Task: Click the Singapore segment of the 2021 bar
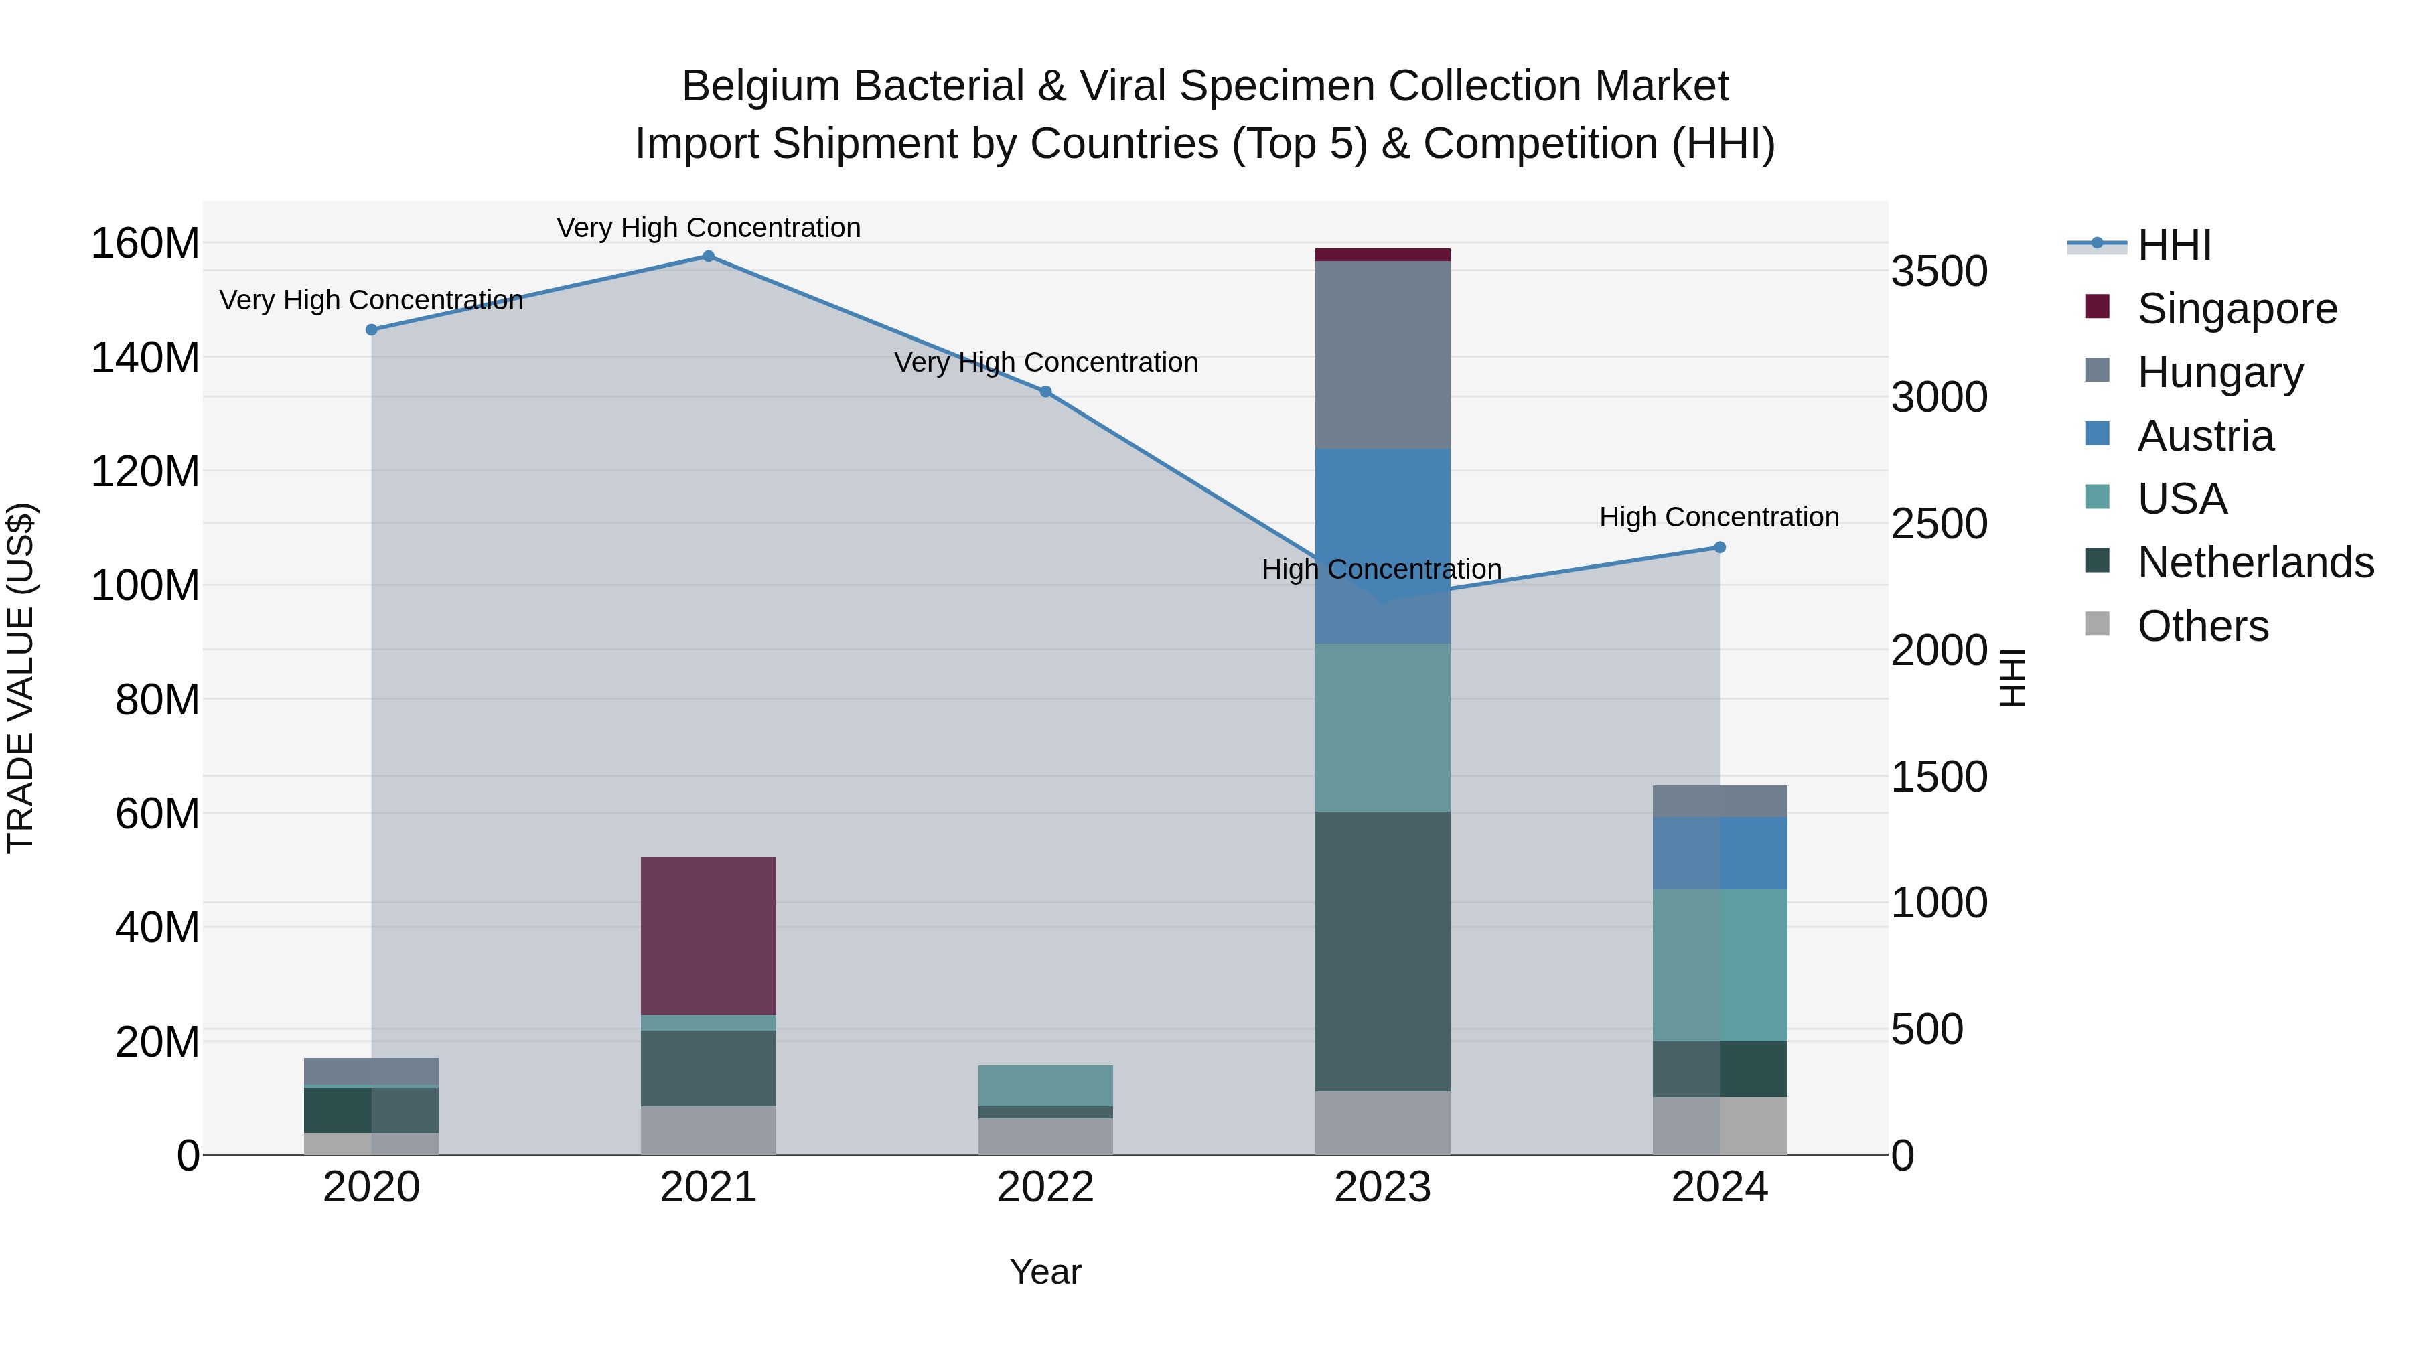[x=709, y=936]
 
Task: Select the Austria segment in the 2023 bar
[x=1382, y=546]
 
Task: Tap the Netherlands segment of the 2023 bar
[x=1382, y=951]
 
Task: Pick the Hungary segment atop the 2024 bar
[x=1719, y=801]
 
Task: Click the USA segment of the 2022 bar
[x=1045, y=1085]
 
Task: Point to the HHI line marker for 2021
[x=709, y=256]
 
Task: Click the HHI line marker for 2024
[x=1719, y=548]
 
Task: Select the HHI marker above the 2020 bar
[x=372, y=329]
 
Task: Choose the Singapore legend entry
[x=2237, y=308]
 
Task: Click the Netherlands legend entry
[x=2255, y=562]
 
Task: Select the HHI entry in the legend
[x=2173, y=245]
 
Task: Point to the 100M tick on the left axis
[x=145, y=586]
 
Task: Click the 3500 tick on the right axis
[x=1940, y=271]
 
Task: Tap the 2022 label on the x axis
[x=1045, y=1187]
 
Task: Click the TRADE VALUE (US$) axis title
[x=21, y=678]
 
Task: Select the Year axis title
[x=1045, y=1272]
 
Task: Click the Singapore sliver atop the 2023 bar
[x=1382, y=254]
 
